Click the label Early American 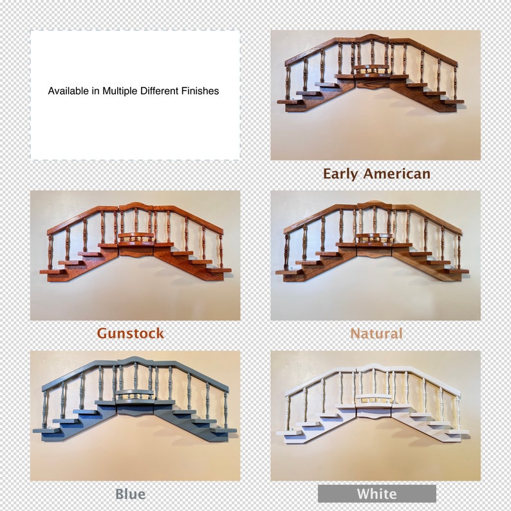pyautogui.click(x=376, y=174)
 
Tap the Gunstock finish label pyautogui.click(x=130, y=333)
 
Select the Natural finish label pyautogui.click(x=376, y=333)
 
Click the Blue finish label pyautogui.click(x=130, y=494)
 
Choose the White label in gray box pyautogui.click(x=376, y=494)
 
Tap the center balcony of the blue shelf pyautogui.click(x=135, y=394)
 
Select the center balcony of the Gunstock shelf pyautogui.click(x=135, y=237)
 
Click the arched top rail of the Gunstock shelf pyautogui.click(x=135, y=206)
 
